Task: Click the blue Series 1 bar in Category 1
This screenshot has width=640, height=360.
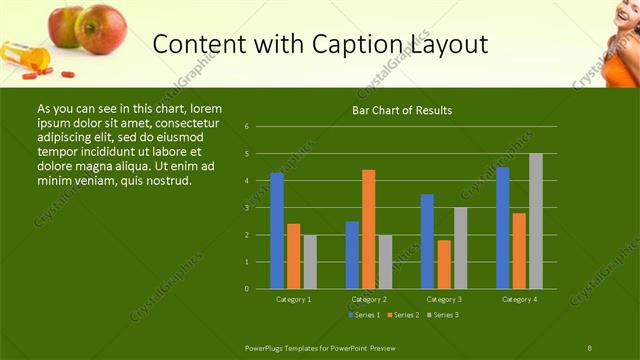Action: [277, 230]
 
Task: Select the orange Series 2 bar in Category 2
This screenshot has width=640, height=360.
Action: [368, 229]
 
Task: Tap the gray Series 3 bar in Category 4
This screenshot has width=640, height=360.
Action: [536, 221]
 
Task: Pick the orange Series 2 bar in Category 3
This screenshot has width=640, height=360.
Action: [443, 264]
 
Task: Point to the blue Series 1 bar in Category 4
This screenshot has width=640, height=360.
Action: [502, 228]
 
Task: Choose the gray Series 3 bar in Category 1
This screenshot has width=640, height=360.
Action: [310, 261]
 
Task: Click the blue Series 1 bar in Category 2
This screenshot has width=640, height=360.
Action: [352, 254]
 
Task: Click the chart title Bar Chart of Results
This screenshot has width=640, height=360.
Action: [402, 110]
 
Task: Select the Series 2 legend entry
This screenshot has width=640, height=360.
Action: [403, 315]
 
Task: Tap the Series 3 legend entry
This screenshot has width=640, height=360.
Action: [443, 315]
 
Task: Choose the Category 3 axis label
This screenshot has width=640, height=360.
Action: [444, 299]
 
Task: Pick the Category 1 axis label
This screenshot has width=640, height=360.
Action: [294, 299]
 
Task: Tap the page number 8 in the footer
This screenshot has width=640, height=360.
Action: [590, 347]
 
